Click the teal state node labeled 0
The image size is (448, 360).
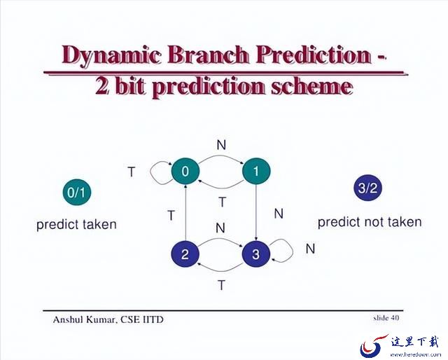point(185,172)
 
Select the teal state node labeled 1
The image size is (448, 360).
point(256,172)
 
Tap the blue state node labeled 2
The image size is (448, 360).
point(185,254)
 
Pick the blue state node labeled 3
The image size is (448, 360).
point(256,254)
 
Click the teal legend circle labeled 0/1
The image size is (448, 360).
point(77,192)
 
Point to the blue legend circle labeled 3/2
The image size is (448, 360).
point(368,188)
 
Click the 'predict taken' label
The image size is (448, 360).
point(76,225)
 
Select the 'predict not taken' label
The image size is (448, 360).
point(370,222)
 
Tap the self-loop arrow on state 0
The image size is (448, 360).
point(150,172)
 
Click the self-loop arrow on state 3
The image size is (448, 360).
point(293,251)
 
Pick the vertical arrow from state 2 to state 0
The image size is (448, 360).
point(185,213)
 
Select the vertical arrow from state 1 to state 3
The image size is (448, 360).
point(256,213)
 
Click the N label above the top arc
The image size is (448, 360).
point(221,145)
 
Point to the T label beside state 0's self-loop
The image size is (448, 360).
point(131,172)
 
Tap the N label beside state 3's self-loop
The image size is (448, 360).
point(310,249)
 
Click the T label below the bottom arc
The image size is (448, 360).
point(221,285)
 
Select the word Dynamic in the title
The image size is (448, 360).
point(111,55)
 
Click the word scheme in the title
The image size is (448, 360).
point(311,87)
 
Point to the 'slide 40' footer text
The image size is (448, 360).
point(386,318)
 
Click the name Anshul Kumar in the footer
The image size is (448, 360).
point(85,319)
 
